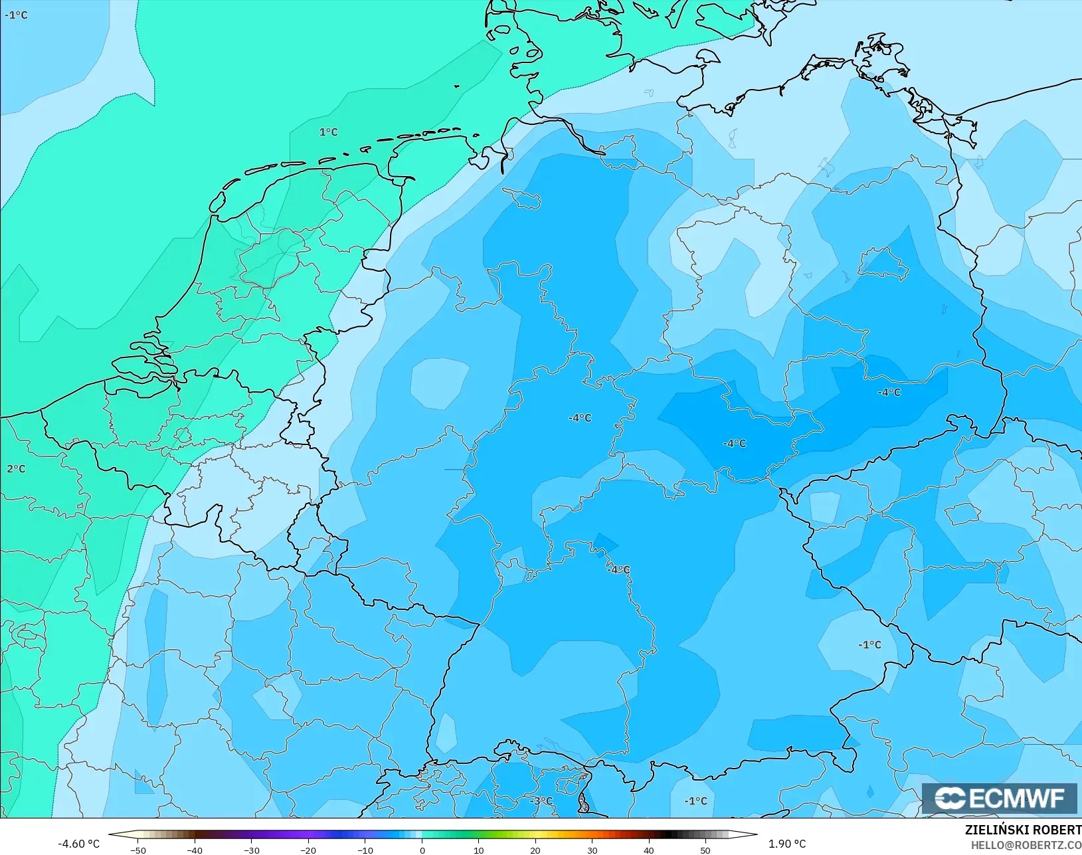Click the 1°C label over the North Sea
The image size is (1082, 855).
pyautogui.click(x=329, y=132)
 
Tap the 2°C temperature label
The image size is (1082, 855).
pyautogui.click(x=16, y=469)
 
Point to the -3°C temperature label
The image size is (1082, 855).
pyautogui.click(x=541, y=801)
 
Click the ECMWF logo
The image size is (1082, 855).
pyautogui.click(x=999, y=798)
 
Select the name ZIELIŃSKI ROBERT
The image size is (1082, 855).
pyautogui.click(x=1023, y=830)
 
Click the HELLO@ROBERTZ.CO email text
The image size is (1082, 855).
pyautogui.click(x=1026, y=845)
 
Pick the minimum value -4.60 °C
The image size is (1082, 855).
pyautogui.click(x=78, y=844)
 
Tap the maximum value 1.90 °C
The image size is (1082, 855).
pyautogui.click(x=787, y=844)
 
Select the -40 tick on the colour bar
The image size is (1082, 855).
pyautogui.click(x=195, y=850)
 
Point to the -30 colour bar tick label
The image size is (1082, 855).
pyautogui.click(x=251, y=850)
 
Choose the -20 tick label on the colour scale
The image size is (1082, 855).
pyautogui.click(x=308, y=850)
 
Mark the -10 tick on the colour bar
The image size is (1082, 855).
pyautogui.click(x=365, y=850)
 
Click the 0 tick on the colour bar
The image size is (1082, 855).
pyautogui.click(x=422, y=850)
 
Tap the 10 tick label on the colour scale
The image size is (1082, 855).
pyautogui.click(x=478, y=850)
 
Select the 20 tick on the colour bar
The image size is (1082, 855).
pyautogui.click(x=535, y=850)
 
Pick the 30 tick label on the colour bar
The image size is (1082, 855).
pyautogui.click(x=592, y=850)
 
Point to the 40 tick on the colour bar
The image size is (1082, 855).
pyautogui.click(x=649, y=850)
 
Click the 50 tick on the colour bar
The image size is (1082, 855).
pyautogui.click(x=705, y=850)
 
